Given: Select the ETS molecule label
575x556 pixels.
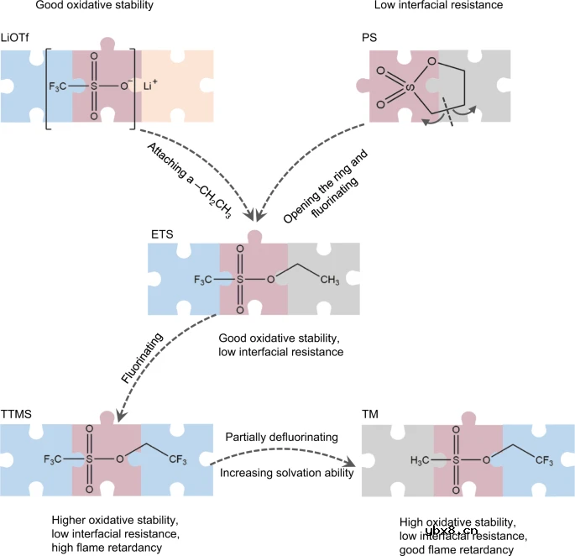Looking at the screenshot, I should coord(162,234).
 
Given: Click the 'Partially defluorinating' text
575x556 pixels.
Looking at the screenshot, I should coord(281,438).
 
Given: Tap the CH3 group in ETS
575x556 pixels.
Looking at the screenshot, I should coord(328,280).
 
